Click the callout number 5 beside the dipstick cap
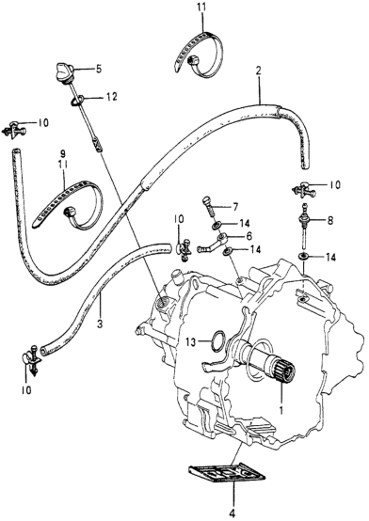(x=99, y=69)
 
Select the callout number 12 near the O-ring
(x=111, y=97)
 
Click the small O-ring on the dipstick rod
(x=76, y=101)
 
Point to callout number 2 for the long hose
(x=259, y=71)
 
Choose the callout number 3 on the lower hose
(x=100, y=322)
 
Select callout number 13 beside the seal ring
(x=191, y=341)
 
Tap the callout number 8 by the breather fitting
(x=329, y=221)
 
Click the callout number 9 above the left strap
(x=63, y=154)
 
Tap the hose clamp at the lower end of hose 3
(x=33, y=359)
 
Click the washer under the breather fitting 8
(x=303, y=256)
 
